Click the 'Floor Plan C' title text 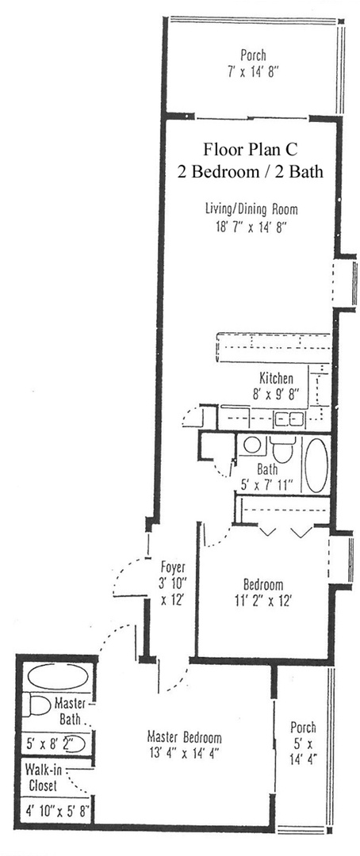pyautogui.click(x=252, y=150)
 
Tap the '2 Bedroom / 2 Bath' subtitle pyautogui.click(x=252, y=171)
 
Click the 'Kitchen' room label pyautogui.click(x=276, y=378)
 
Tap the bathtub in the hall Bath pyautogui.click(x=315, y=465)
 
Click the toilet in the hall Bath pyautogui.click(x=282, y=449)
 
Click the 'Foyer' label pyautogui.click(x=174, y=567)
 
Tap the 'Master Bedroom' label pyautogui.click(x=184, y=736)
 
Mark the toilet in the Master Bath pyautogui.click(x=36, y=704)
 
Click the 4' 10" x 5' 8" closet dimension pyautogui.click(x=52, y=811)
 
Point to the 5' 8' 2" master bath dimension pyautogui.click(x=50, y=745)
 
